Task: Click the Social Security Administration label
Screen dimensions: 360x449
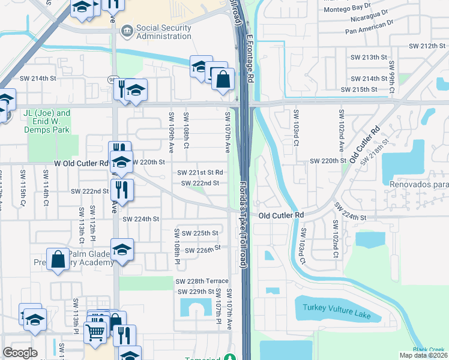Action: coord(164,32)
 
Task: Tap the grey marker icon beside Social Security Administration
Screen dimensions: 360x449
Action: coord(127,30)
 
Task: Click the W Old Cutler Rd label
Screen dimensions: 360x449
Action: coord(81,163)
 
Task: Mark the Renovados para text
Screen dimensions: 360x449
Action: coord(418,185)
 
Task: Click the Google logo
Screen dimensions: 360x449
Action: coord(20,353)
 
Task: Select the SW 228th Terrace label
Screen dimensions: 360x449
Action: coord(202,281)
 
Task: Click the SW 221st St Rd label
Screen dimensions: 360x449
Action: coord(200,173)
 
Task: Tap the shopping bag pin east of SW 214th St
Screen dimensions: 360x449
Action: coord(222,80)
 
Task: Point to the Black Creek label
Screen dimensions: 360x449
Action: coord(429,350)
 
